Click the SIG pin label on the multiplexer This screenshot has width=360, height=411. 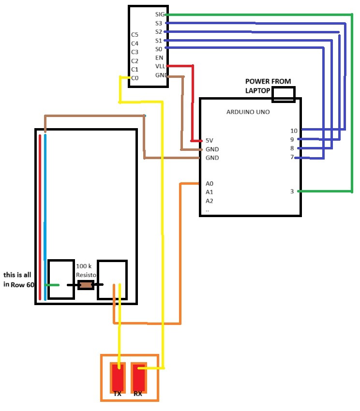[x=160, y=15]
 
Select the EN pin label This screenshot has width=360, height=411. [x=159, y=58]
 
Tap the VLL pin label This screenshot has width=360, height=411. [x=160, y=66]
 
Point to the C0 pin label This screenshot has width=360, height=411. [x=135, y=78]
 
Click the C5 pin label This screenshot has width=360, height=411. [x=135, y=35]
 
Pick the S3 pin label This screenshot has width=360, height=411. [x=159, y=23]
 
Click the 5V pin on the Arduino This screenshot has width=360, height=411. [x=210, y=141]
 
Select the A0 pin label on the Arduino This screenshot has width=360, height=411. [x=210, y=184]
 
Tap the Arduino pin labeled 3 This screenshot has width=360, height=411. [x=292, y=191]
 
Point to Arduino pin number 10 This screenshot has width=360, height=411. [x=294, y=131]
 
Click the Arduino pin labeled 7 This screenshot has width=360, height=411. [x=292, y=157]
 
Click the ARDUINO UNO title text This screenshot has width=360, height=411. [x=248, y=112]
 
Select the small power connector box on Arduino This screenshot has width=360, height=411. [x=283, y=95]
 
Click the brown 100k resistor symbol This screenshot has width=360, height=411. [x=86, y=285]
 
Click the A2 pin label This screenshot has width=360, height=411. [x=210, y=201]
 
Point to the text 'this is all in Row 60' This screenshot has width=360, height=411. [x=19, y=279]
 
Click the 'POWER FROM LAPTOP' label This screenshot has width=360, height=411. [x=267, y=86]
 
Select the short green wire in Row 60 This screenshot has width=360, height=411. [x=52, y=285]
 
